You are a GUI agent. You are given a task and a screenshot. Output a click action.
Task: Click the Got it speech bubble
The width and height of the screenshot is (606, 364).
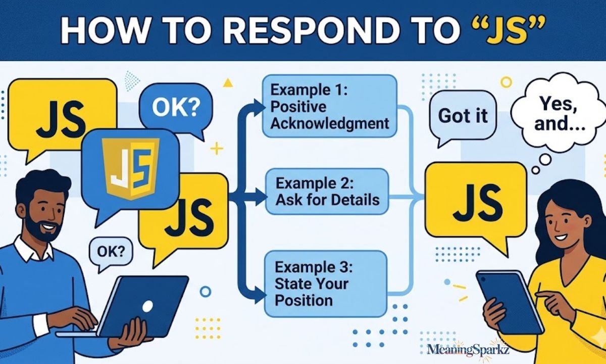[463, 116]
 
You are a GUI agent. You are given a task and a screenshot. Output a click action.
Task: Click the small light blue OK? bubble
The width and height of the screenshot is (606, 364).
[108, 251]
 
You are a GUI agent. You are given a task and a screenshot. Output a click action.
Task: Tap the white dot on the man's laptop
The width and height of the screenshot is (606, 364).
[147, 306]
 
